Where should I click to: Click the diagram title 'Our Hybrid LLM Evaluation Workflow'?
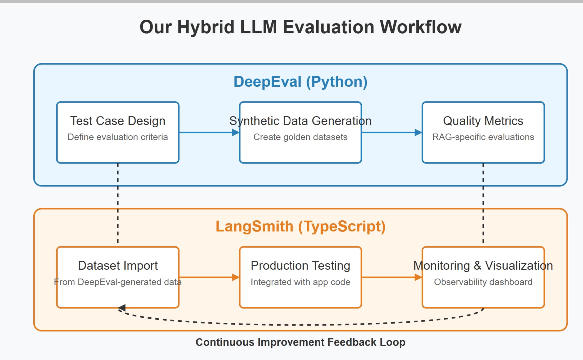(300, 27)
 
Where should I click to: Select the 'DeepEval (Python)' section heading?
(300, 82)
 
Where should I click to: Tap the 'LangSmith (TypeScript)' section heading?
(300, 226)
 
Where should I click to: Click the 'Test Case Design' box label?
(118, 121)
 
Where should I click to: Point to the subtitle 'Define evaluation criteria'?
(118, 137)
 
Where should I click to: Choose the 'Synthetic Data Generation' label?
(300, 121)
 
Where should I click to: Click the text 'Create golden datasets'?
(300, 137)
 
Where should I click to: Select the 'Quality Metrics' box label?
(483, 121)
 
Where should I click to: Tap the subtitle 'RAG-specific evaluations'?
(483, 137)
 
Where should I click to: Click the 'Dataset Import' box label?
(118, 266)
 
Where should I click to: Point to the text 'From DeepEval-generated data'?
(118, 282)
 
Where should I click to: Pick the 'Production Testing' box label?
(300, 266)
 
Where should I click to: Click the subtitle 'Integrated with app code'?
(300, 282)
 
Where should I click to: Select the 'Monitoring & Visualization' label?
(483, 266)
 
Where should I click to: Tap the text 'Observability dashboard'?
(483, 282)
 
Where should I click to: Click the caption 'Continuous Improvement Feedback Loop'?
(300, 342)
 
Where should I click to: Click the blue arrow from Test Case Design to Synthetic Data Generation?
(209, 132)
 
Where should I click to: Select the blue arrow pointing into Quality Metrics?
(392, 132)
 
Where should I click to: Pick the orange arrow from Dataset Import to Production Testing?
(209, 277)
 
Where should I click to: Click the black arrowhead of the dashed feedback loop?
(122, 308)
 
